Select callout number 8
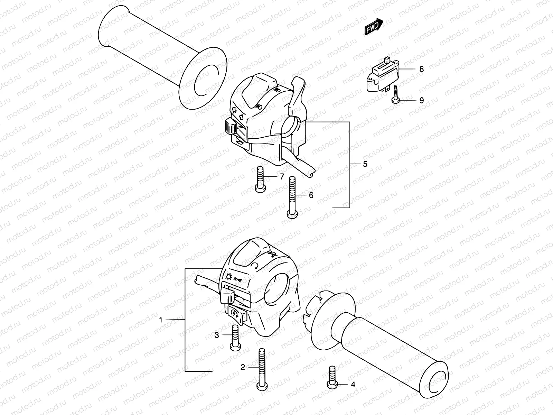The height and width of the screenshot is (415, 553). click(x=421, y=69)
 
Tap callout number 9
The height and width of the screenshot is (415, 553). click(x=421, y=101)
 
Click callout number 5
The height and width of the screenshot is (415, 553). click(x=365, y=164)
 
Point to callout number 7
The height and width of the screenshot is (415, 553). click(x=282, y=177)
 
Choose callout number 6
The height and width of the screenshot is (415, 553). click(x=311, y=195)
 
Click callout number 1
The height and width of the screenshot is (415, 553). click(x=160, y=320)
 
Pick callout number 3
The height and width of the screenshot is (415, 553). click(x=217, y=335)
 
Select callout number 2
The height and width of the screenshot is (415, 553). click(x=243, y=367)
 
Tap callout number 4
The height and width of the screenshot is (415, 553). click(x=353, y=384)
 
